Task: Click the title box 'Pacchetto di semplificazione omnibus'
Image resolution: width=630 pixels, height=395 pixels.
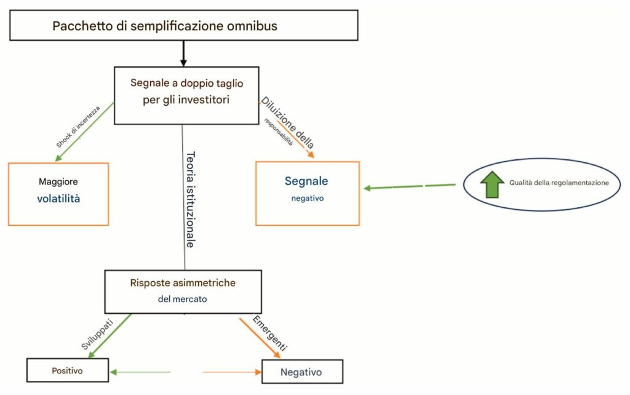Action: (183, 26)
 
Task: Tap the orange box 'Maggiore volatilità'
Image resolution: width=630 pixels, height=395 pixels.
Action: (58, 193)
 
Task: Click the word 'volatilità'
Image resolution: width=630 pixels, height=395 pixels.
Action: (58, 199)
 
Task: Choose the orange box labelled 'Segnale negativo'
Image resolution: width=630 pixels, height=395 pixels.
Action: (307, 193)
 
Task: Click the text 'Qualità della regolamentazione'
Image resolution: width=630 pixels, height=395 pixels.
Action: (559, 183)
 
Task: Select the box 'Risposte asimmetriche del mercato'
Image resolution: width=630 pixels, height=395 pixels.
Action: (183, 291)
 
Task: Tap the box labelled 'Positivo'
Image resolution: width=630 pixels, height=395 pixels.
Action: (67, 370)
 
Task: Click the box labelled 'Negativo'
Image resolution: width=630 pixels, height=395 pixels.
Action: (301, 372)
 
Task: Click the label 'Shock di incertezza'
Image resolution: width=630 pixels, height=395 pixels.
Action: (78, 127)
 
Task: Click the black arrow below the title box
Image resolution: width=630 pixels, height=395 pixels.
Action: (183, 54)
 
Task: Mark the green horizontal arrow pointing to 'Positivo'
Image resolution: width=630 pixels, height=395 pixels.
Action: (140, 372)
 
